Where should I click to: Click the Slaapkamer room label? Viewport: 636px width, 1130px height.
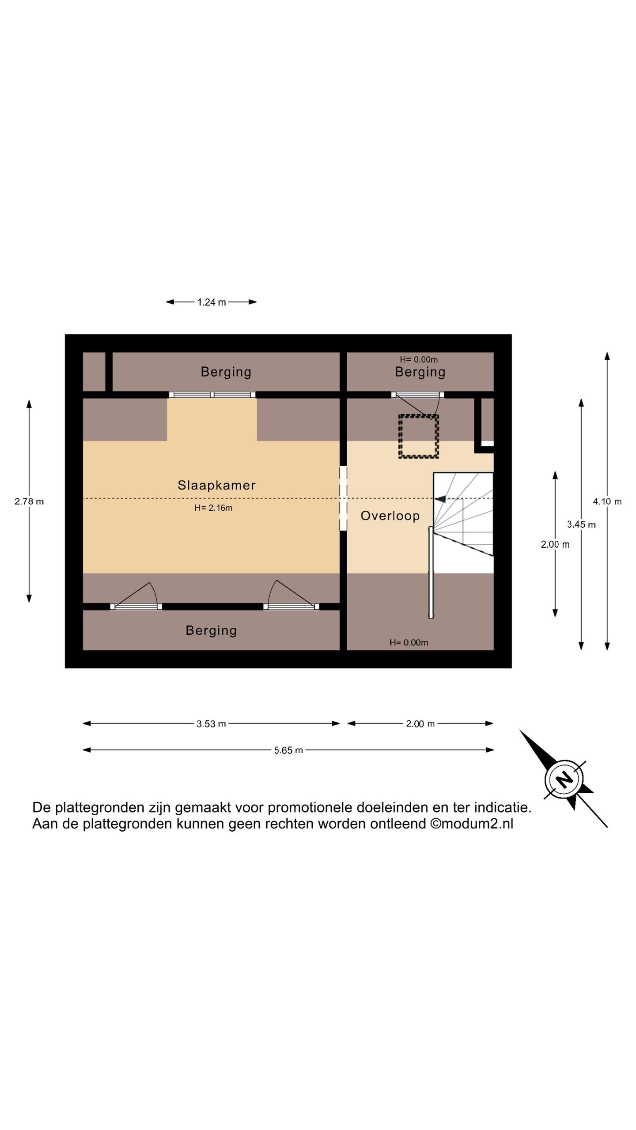tap(216, 485)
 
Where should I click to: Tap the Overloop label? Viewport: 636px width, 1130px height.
tap(390, 516)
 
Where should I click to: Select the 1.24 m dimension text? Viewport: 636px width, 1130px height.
tap(212, 302)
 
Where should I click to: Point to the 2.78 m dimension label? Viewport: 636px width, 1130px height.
tap(29, 501)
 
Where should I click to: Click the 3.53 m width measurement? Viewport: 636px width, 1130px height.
tap(211, 723)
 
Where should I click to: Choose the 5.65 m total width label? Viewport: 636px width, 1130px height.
tap(288, 750)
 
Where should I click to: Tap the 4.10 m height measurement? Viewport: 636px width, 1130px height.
tap(607, 501)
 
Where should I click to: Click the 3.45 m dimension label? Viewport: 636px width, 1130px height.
tap(581, 524)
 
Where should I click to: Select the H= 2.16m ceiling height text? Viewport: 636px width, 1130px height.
tap(213, 508)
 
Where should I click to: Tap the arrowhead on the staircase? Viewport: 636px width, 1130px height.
tap(440, 499)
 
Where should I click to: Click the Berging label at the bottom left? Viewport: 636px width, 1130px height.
tap(211, 631)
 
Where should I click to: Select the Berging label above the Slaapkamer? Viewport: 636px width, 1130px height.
tap(226, 372)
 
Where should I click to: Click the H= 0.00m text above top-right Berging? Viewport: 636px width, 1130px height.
tap(419, 360)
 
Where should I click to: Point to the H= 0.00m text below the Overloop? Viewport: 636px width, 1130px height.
tap(409, 643)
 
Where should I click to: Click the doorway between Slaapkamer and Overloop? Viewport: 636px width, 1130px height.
tap(343, 498)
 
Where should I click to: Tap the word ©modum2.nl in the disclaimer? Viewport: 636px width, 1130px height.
tap(472, 824)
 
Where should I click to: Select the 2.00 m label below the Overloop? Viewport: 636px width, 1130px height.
tap(420, 723)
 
